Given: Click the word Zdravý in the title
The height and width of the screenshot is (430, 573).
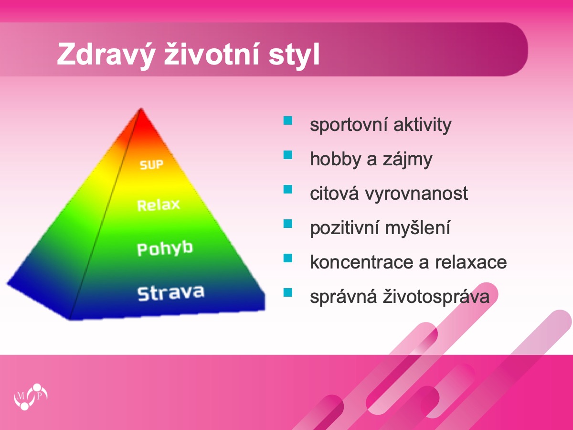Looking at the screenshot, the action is click(105, 55).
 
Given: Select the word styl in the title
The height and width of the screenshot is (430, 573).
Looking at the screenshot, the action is click(294, 55).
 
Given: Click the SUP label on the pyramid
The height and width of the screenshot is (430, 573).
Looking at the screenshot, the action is click(151, 165).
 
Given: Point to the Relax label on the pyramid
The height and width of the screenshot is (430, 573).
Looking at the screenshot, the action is click(159, 204).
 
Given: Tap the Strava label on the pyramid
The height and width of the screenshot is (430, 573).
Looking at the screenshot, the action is click(171, 293).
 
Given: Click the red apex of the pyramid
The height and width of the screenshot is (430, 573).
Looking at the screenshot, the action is click(141, 115).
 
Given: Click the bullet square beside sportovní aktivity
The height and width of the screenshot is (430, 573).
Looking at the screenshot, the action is click(287, 120).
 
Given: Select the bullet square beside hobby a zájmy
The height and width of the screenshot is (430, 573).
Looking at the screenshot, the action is click(287, 155).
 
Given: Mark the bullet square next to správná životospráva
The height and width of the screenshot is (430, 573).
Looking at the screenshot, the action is click(287, 292).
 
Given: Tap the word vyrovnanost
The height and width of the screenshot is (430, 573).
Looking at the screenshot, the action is click(416, 193).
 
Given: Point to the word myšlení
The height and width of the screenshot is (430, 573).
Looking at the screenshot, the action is click(417, 228).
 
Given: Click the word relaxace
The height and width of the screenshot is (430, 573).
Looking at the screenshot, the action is click(471, 262).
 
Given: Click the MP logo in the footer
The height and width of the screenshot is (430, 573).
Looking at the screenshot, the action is click(31, 397).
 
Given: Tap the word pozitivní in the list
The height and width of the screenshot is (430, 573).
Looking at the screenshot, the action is click(344, 228).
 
